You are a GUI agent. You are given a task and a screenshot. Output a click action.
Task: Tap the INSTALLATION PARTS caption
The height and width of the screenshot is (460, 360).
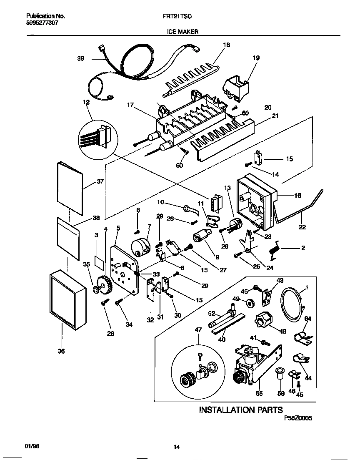[241, 410]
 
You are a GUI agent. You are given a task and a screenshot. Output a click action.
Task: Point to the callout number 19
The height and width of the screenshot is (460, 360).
[256, 58]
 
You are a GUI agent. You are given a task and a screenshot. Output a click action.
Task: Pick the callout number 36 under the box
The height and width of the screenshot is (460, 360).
[61, 352]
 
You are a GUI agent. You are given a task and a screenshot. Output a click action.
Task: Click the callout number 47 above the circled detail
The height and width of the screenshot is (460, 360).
[198, 329]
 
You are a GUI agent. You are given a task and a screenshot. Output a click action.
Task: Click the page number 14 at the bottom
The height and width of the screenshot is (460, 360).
[176, 447]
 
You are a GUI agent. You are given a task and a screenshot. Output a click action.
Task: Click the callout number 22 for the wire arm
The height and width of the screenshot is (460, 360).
[302, 227]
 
